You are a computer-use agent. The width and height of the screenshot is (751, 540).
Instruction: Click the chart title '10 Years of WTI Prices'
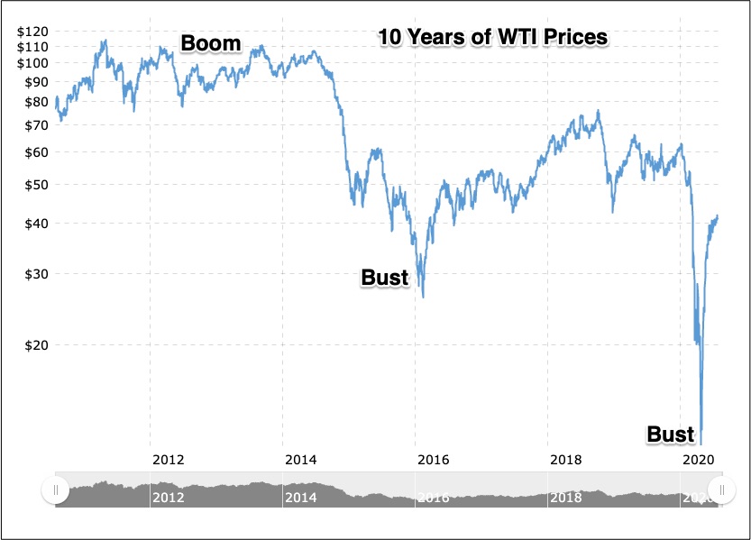tap(492, 38)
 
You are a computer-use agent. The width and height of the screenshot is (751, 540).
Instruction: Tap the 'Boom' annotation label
tap(211, 42)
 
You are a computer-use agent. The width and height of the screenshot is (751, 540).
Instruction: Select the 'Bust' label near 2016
tap(385, 277)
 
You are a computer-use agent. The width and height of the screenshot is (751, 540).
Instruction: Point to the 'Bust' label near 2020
tap(671, 435)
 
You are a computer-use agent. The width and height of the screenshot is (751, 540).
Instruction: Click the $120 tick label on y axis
tap(33, 32)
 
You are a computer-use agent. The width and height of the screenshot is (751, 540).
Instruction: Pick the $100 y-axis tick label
tap(33, 63)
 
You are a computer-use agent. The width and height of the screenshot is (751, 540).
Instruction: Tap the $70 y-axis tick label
tap(36, 125)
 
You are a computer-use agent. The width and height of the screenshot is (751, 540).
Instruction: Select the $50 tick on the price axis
tap(36, 185)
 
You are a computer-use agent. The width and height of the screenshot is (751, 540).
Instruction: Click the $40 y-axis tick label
tap(36, 224)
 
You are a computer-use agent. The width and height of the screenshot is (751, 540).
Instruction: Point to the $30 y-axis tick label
tap(36, 274)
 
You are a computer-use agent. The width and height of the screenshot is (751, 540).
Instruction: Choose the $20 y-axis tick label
tap(36, 344)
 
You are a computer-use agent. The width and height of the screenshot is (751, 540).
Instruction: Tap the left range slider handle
tap(56, 490)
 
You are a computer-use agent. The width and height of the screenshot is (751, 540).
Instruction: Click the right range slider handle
tap(722, 490)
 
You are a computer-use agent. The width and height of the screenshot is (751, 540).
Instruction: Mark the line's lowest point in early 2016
tap(423, 297)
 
